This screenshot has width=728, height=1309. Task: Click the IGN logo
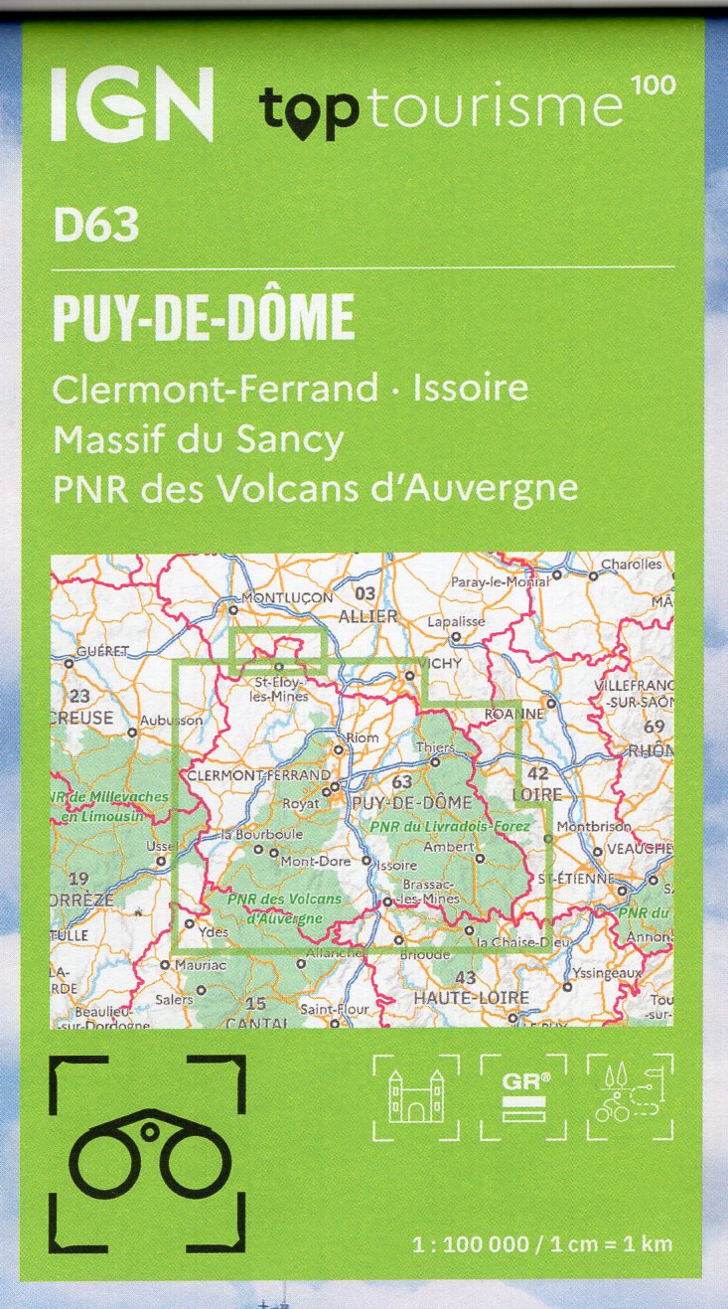tap(131, 103)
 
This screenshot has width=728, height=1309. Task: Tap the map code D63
tap(96, 227)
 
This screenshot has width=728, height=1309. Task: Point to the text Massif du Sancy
tap(199, 438)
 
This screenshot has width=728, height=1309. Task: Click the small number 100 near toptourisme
tap(653, 85)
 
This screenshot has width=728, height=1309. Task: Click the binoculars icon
tap(147, 1152)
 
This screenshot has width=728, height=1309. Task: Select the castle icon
tap(415, 1097)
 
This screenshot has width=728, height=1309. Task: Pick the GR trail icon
tap(523, 1097)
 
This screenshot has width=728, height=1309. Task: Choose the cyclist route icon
tap(629, 1097)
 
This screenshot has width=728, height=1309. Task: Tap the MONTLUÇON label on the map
tap(288, 597)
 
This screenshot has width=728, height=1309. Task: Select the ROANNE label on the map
tap(514, 714)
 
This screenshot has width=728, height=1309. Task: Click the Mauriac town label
tap(200, 964)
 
